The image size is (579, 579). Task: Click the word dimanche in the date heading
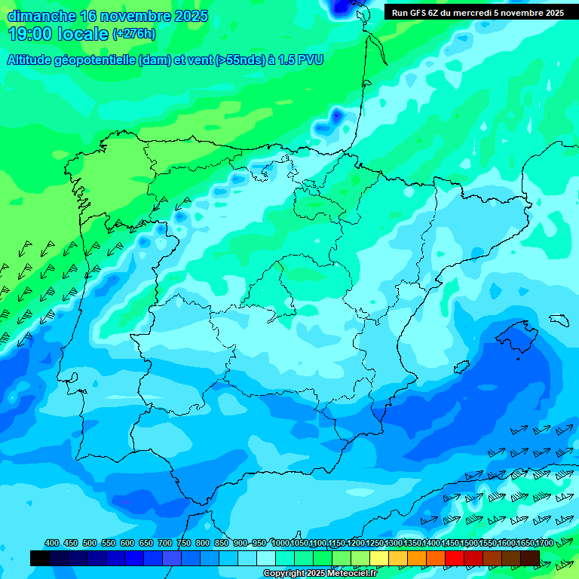pos(41,16)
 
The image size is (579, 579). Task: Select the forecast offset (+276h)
pos(133,34)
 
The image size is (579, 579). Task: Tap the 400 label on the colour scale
pos(52,543)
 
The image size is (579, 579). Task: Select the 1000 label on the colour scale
pos(280,543)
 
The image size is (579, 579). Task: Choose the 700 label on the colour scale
pos(165,543)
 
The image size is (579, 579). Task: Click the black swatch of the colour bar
pos(40,558)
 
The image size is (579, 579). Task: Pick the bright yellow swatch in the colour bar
pos(379,558)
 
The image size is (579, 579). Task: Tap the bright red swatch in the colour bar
pos(455,558)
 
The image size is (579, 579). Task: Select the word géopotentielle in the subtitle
pos(93,60)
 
